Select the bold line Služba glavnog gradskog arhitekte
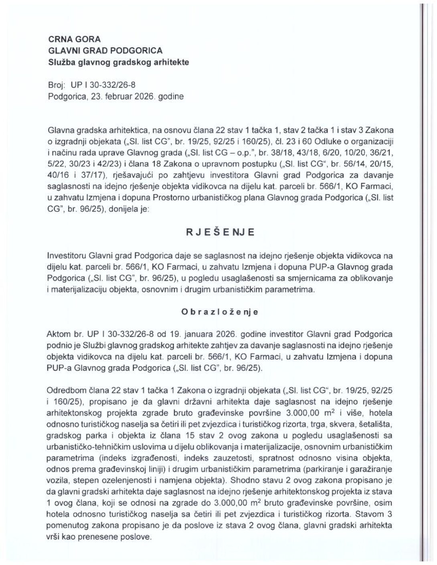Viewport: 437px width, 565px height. coord(119,62)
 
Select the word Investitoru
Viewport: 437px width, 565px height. coord(67,255)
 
